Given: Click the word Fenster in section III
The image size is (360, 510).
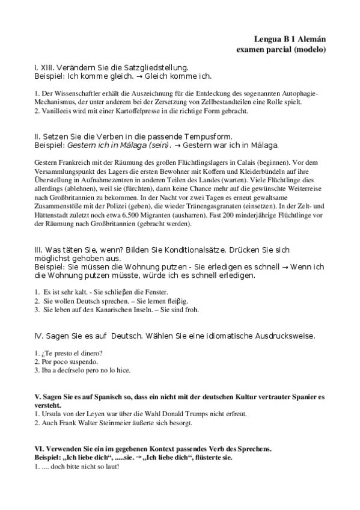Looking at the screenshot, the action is point(160,292).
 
